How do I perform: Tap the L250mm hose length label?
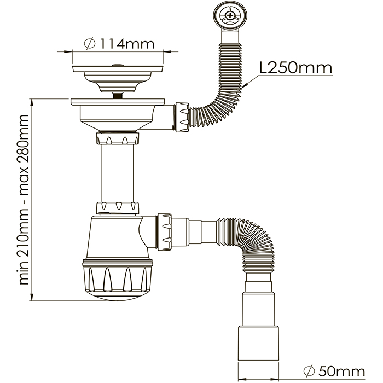[x=296, y=68]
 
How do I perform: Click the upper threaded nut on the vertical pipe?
[x=117, y=138]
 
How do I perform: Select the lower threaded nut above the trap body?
[x=117, y=208]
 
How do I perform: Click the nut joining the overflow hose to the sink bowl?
[x=181, y=115]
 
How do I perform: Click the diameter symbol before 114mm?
[x=91, y=43]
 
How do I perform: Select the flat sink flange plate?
[x=118, y=102]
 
